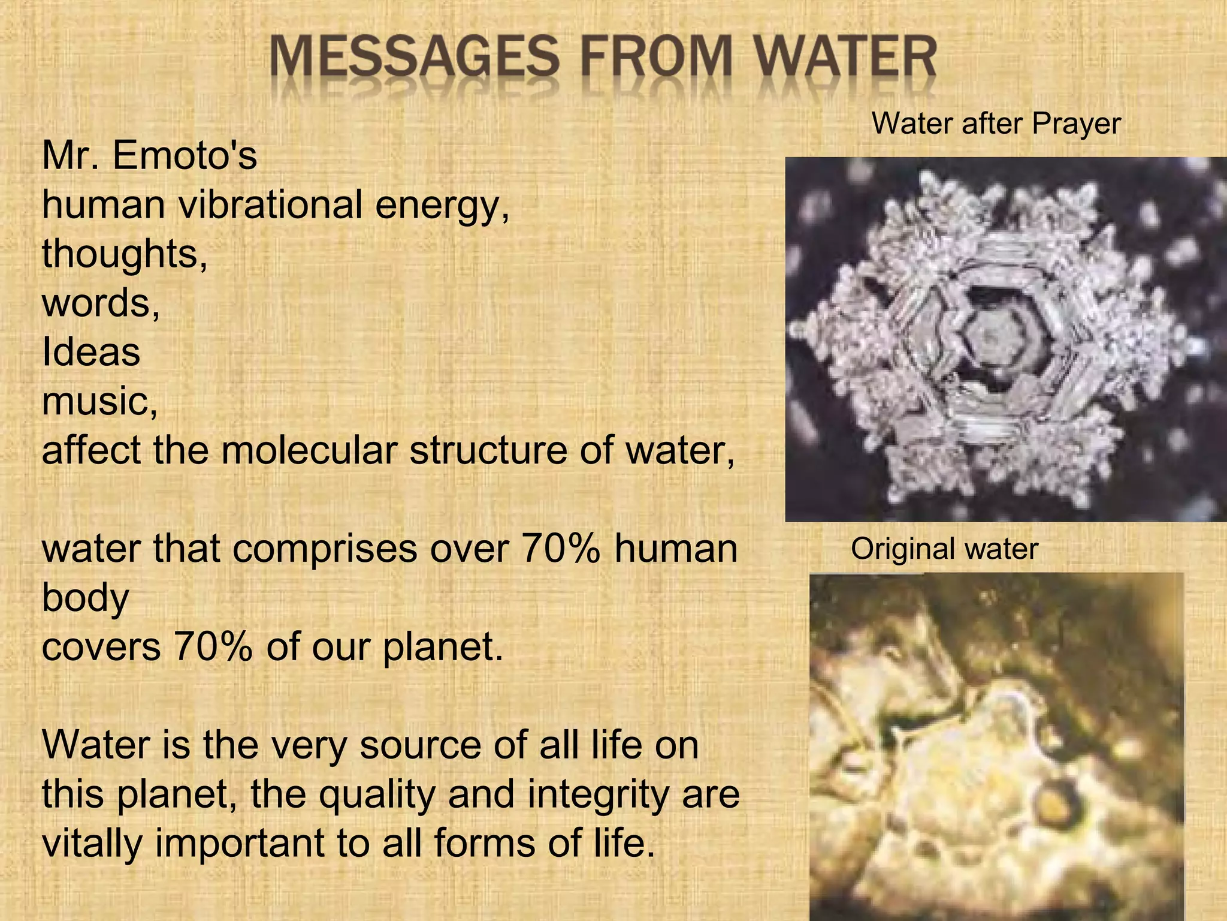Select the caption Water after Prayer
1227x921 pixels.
point(996,124)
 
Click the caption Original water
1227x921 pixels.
point(944,549)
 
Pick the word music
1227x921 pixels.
point(99,401)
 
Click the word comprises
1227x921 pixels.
point(324,549)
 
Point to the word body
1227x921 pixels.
point(86,598)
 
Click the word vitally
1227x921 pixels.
point(92,844)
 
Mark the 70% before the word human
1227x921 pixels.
point(561,549)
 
